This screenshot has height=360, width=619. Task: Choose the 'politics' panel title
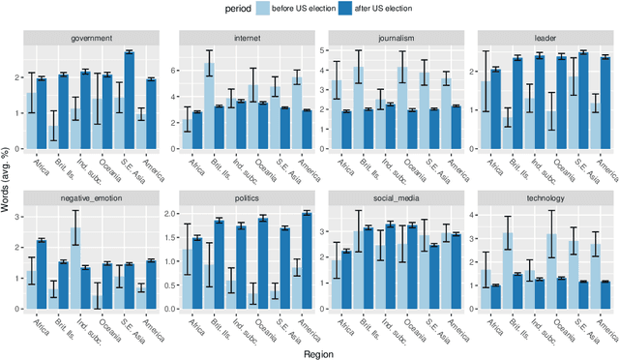click(x=246, y=198)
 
